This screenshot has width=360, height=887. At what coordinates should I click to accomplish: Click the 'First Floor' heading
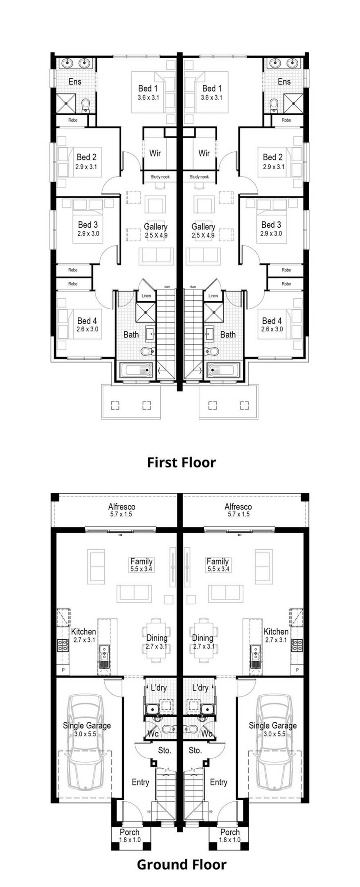point(181,462)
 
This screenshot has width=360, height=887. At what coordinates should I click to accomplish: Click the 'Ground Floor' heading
point(181,864)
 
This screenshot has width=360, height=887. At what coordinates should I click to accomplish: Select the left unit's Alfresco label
point(121,507)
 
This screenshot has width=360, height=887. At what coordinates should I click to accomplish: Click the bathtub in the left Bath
point(136,370)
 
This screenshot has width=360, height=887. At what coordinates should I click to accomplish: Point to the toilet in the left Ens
point(86,106)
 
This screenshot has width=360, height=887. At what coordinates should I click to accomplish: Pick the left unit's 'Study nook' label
point(160,177)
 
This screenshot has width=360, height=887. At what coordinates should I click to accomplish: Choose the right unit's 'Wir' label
point(204,153)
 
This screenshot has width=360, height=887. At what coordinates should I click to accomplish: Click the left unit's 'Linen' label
point(146,296)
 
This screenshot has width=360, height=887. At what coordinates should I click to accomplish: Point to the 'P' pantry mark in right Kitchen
point(297,670)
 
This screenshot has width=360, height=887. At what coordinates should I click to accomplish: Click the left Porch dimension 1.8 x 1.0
point(130,839)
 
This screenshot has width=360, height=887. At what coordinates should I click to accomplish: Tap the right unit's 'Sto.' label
point(195,751)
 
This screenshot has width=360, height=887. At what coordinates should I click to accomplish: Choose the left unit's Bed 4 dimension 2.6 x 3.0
point(87,329)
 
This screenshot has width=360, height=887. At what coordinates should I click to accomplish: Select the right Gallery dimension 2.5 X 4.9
point(203,236)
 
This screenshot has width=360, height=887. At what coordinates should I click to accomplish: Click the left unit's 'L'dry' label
point(158,688)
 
